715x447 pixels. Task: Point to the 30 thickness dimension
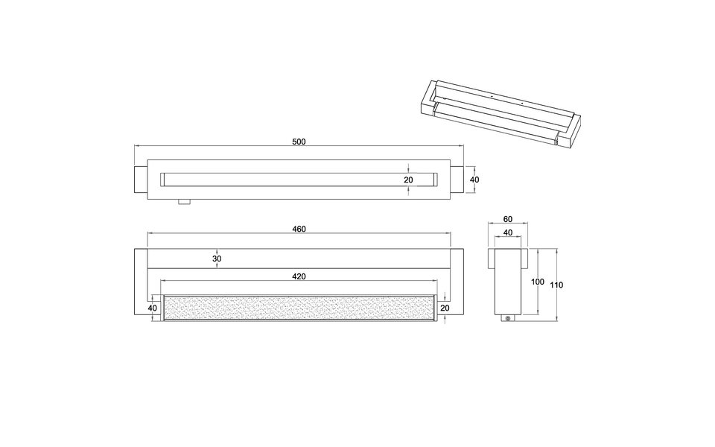(217, 259)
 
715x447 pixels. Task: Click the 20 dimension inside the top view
(408, 180)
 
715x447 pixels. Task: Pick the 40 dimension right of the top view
(474, 180)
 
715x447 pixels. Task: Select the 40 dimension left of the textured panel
(152, 308)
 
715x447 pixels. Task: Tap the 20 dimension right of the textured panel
(445, 308)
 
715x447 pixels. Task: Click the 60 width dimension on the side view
(508, 219)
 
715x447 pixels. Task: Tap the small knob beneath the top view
(184, 202)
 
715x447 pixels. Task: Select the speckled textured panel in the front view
(298, 308)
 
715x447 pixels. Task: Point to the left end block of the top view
(141, 180)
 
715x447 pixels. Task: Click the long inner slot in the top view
(298, 180)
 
